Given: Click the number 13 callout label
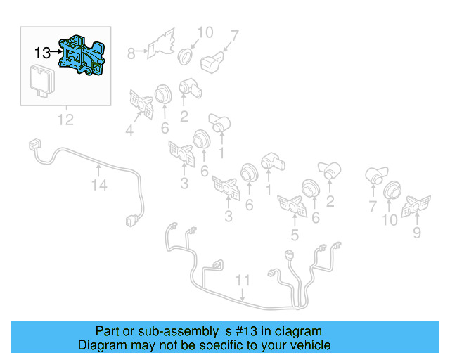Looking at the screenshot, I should (x=41, y=52).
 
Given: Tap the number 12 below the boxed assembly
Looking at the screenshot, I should (x=65, y=120).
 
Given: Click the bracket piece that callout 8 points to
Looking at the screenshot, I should (x=162, y=43).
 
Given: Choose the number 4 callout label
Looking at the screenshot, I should (x=129, y=129).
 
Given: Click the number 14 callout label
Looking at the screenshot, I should (x=99, y=186).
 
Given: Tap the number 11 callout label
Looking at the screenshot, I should (x=243, y=281).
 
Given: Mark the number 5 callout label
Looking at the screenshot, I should (x=295, y=236).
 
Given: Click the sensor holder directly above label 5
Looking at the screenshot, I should (x=290, y=205).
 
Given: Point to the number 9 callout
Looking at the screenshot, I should (x=417, y=231).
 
